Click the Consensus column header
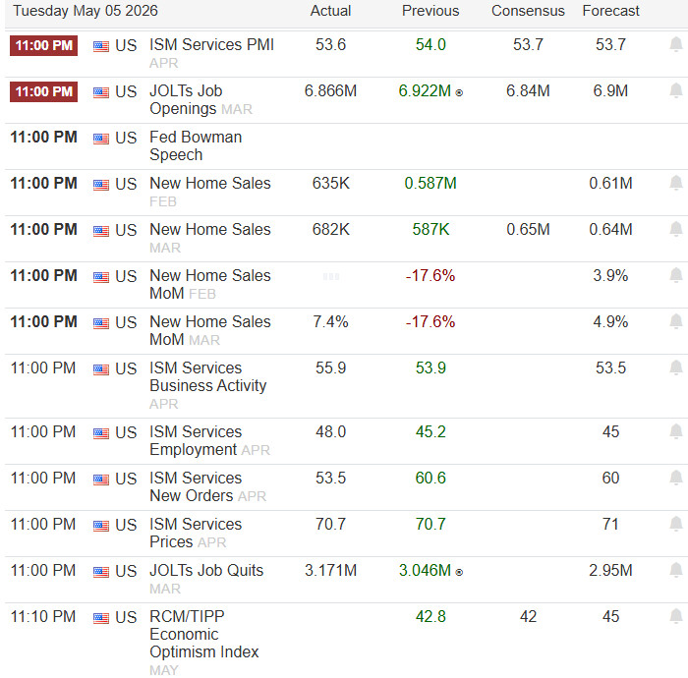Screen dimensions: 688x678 [x=528, y=11]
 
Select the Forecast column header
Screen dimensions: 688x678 [x=610, y=11]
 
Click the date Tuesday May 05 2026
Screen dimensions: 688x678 [x=86, y=11]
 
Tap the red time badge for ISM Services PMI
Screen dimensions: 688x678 [x=44, y=45]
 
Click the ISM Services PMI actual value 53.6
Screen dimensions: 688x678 [x=330, y=45]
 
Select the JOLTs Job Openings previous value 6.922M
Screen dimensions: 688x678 [x=425, y=90]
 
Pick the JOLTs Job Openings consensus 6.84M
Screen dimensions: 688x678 [x=528, y=90]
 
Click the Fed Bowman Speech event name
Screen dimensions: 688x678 [x=196, y=146]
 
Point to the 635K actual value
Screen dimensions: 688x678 [x=331, y=184]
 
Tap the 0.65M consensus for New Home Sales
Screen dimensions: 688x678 [x=528, y=229]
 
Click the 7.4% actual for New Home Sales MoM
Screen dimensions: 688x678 [x=330, y=322]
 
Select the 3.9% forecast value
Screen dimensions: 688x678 [x=610, y=275]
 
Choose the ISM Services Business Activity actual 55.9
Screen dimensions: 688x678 [x=330, y=367]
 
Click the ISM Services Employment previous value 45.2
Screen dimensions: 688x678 [x=430, y=432]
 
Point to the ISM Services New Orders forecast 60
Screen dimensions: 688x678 [x=610, y=478]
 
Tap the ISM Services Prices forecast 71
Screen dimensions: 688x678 [x=610, y=524]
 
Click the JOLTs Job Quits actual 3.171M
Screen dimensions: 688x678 [x=330, y=571]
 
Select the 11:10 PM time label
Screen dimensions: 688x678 [x=43, y=617]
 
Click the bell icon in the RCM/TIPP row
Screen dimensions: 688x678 [x=676, y=617]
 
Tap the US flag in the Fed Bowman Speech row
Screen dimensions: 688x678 [x=101, y=139]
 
